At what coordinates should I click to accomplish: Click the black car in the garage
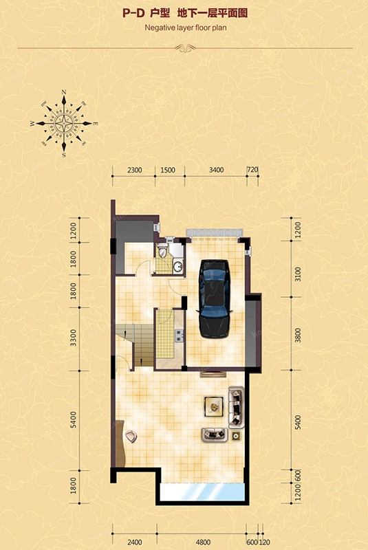pyautogui.click(x=214, y=299)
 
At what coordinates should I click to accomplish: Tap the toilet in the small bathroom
pyautogui.click(x=162, y=250)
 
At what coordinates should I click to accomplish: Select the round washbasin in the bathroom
pyautogui.click(x=178, y=267)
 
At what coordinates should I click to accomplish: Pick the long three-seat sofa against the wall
pyautogui.click(x=237, y=407)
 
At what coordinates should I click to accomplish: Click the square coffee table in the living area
pyautogui.click(x=214, y=406)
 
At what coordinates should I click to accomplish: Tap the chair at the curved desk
pyautogui.click(x=131, y=436)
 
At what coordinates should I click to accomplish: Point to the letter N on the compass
pyautogui.click(x=64, y=92)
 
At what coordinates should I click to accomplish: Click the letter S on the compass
pyautogui.click(x=64, y=155)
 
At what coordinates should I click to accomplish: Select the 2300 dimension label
pyautogui.click(x=134, y=170)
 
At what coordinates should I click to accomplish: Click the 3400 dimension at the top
pyautogui.click(x=216, y=170)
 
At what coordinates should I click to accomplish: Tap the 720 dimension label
pyautogui.click(x=252, y=170)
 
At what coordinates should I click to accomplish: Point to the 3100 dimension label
pyautogui.click(x=298, y=274)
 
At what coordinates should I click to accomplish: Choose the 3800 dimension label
pyautogui.click(x=298, y=335)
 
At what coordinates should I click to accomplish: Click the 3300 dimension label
pyautogui.click(x=73, y=338)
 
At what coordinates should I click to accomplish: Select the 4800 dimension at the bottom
pyautogui.click(x=203, y=542)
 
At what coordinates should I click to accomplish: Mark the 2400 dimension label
pyautogui.click(x=134, y=542)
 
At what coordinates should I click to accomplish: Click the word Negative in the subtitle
pyautogui.click(x=160, y=27)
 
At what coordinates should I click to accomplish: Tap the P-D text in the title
pyautogui.click(x=133, y=13)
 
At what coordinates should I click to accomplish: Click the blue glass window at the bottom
pyautogui.click(x=202, y=492)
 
